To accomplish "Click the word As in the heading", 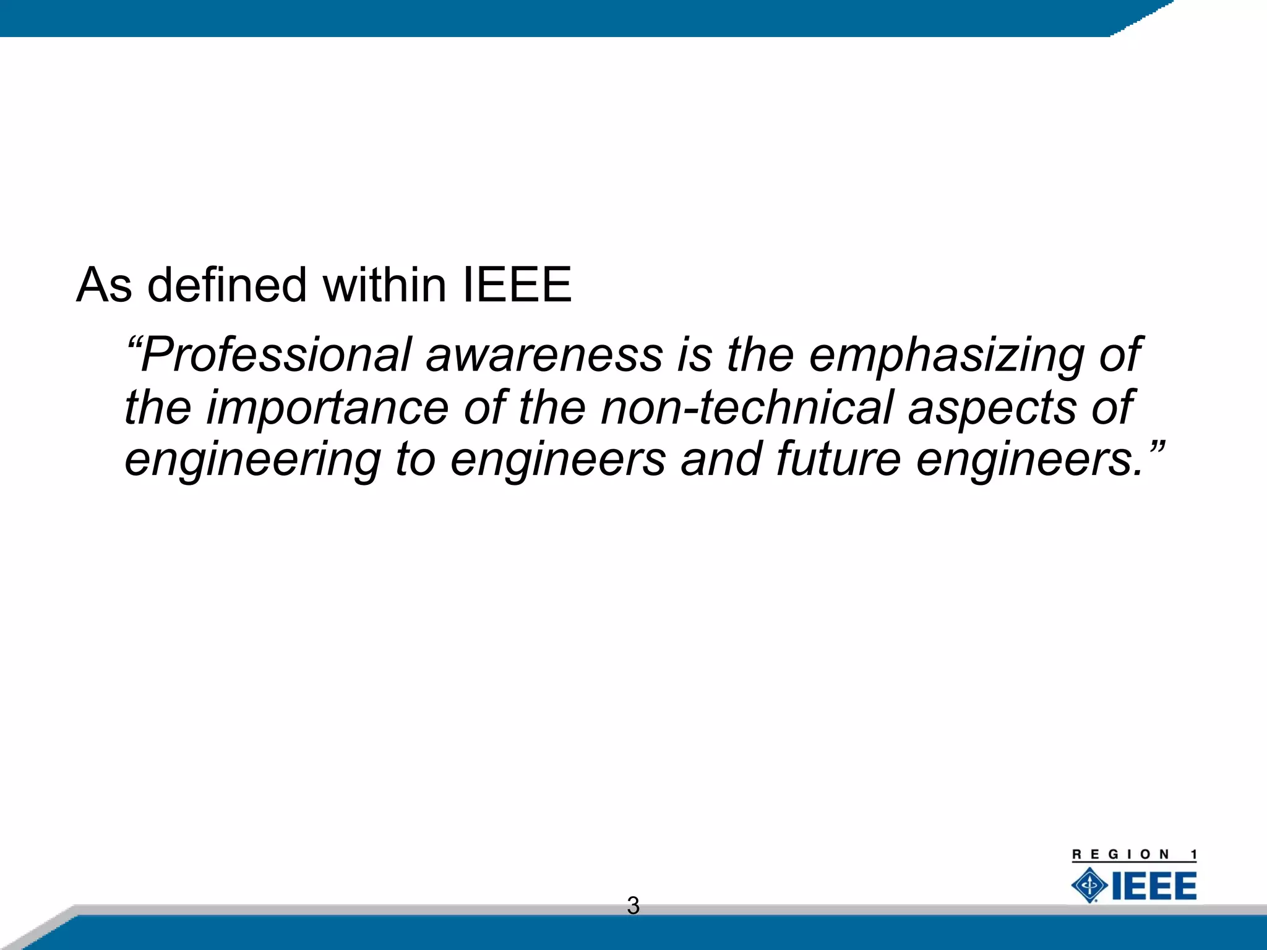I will click(104, 285).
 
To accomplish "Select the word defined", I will click(227, 285).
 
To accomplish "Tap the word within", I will click(384, 285).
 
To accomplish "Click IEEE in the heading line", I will click(517, 285).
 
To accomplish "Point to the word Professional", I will click(275, 356).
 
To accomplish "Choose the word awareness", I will click(544, 356).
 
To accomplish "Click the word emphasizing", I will click(946, 356).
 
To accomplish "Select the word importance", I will click(327, 408).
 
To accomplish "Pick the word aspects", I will click(992, 408).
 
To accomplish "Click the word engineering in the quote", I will click(252, 461).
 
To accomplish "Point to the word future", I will click(838, 461).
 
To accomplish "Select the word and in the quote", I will click(721, 461).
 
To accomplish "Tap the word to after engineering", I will click(415, 461).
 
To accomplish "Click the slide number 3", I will click(633, 905).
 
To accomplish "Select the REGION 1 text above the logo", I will click(1134, 855).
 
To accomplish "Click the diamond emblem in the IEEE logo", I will click(1089, 885).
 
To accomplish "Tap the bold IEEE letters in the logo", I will click(1154, 886).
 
